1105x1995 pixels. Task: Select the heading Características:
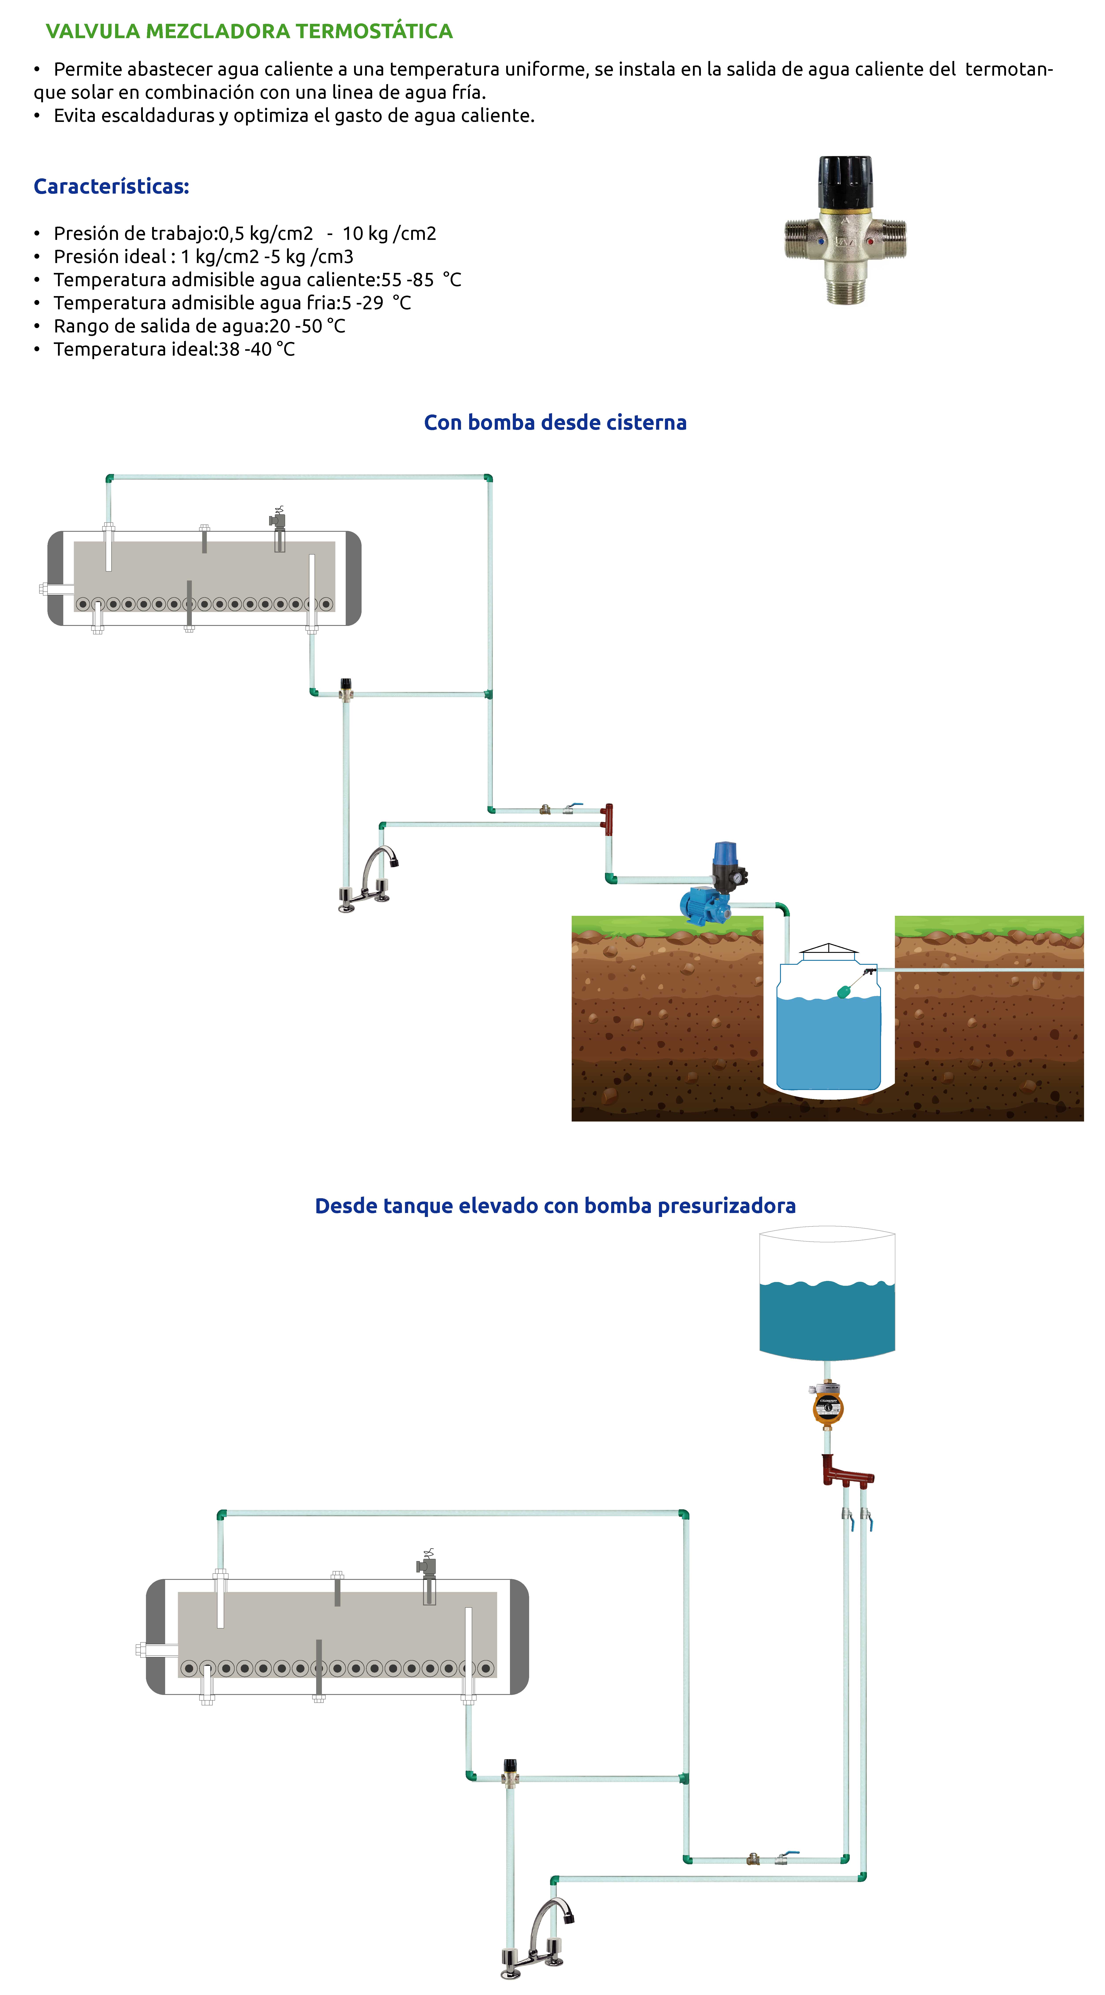point(112,187)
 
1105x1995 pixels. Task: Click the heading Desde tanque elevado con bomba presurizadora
point(555,1206)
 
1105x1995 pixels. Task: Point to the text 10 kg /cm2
point(390,234)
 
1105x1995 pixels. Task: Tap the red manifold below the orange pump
point(846,1471)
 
